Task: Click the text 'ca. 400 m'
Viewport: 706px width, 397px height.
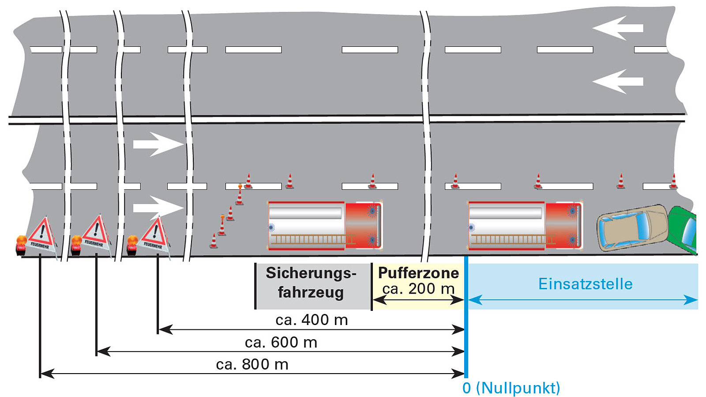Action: [x=312, y=320]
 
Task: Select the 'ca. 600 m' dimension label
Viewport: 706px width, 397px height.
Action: [x=281, y=342]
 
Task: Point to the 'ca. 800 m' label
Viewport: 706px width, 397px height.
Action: [x=252, y=364]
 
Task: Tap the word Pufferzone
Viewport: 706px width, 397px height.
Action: [x=418, y=273]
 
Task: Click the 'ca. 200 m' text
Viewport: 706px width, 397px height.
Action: [x=418, y=289]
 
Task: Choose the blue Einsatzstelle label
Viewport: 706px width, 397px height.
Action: [x=585, y=284]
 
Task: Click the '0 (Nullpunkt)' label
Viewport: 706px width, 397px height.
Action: [x=511, y=388]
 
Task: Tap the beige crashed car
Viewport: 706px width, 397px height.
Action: [x=632, y=227]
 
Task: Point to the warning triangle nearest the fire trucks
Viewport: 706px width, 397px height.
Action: [x=154, y=234]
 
